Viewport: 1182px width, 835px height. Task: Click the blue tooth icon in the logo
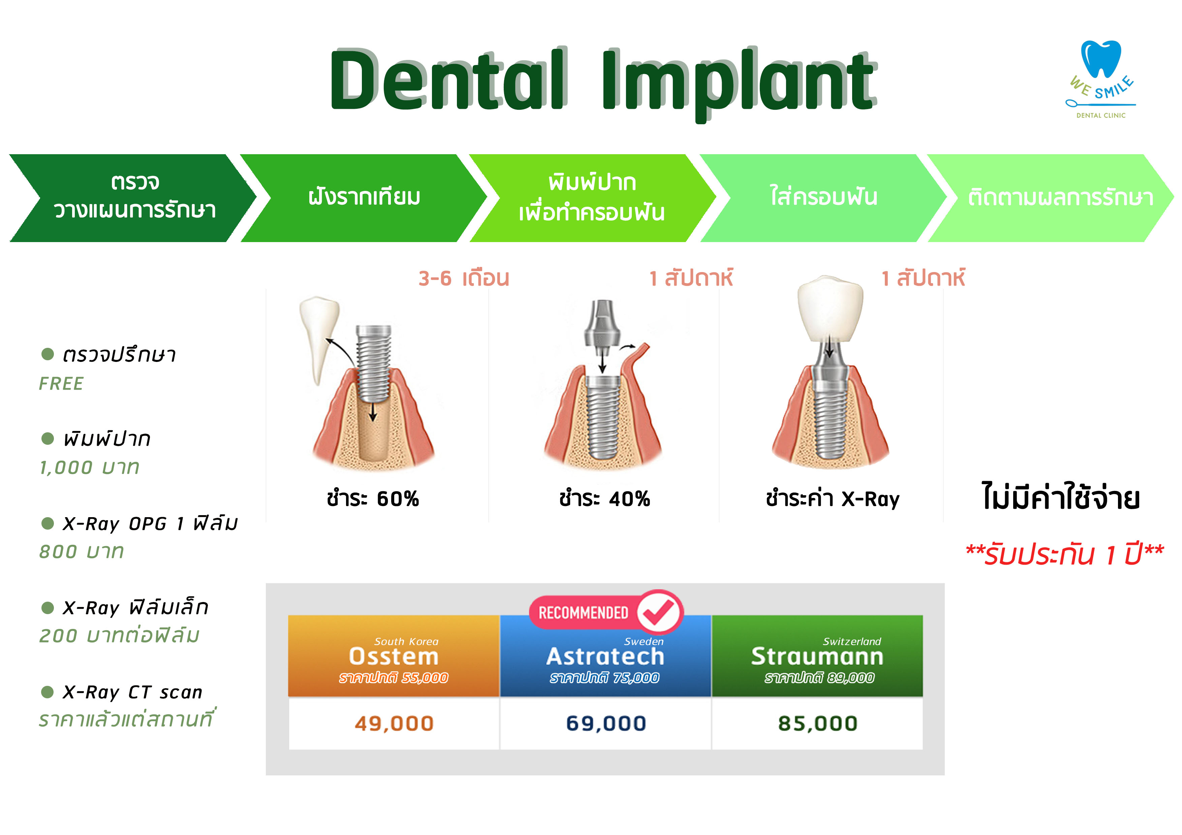click(x=1101, y=59)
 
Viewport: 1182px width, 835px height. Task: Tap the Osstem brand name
click(x=394, y=657)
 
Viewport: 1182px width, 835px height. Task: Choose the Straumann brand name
click(x=817, y=657)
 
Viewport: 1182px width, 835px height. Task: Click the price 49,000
click(x=394, y=723)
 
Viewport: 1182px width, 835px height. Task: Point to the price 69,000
click(x=606, y=723)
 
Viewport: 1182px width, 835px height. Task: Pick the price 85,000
click(x=817, y=723)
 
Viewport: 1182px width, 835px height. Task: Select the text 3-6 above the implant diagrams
click(x=435, y=278)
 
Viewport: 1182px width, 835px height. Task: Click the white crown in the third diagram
click(x=830, y=309)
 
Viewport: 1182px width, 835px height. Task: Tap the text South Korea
click(x=406, y=641)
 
